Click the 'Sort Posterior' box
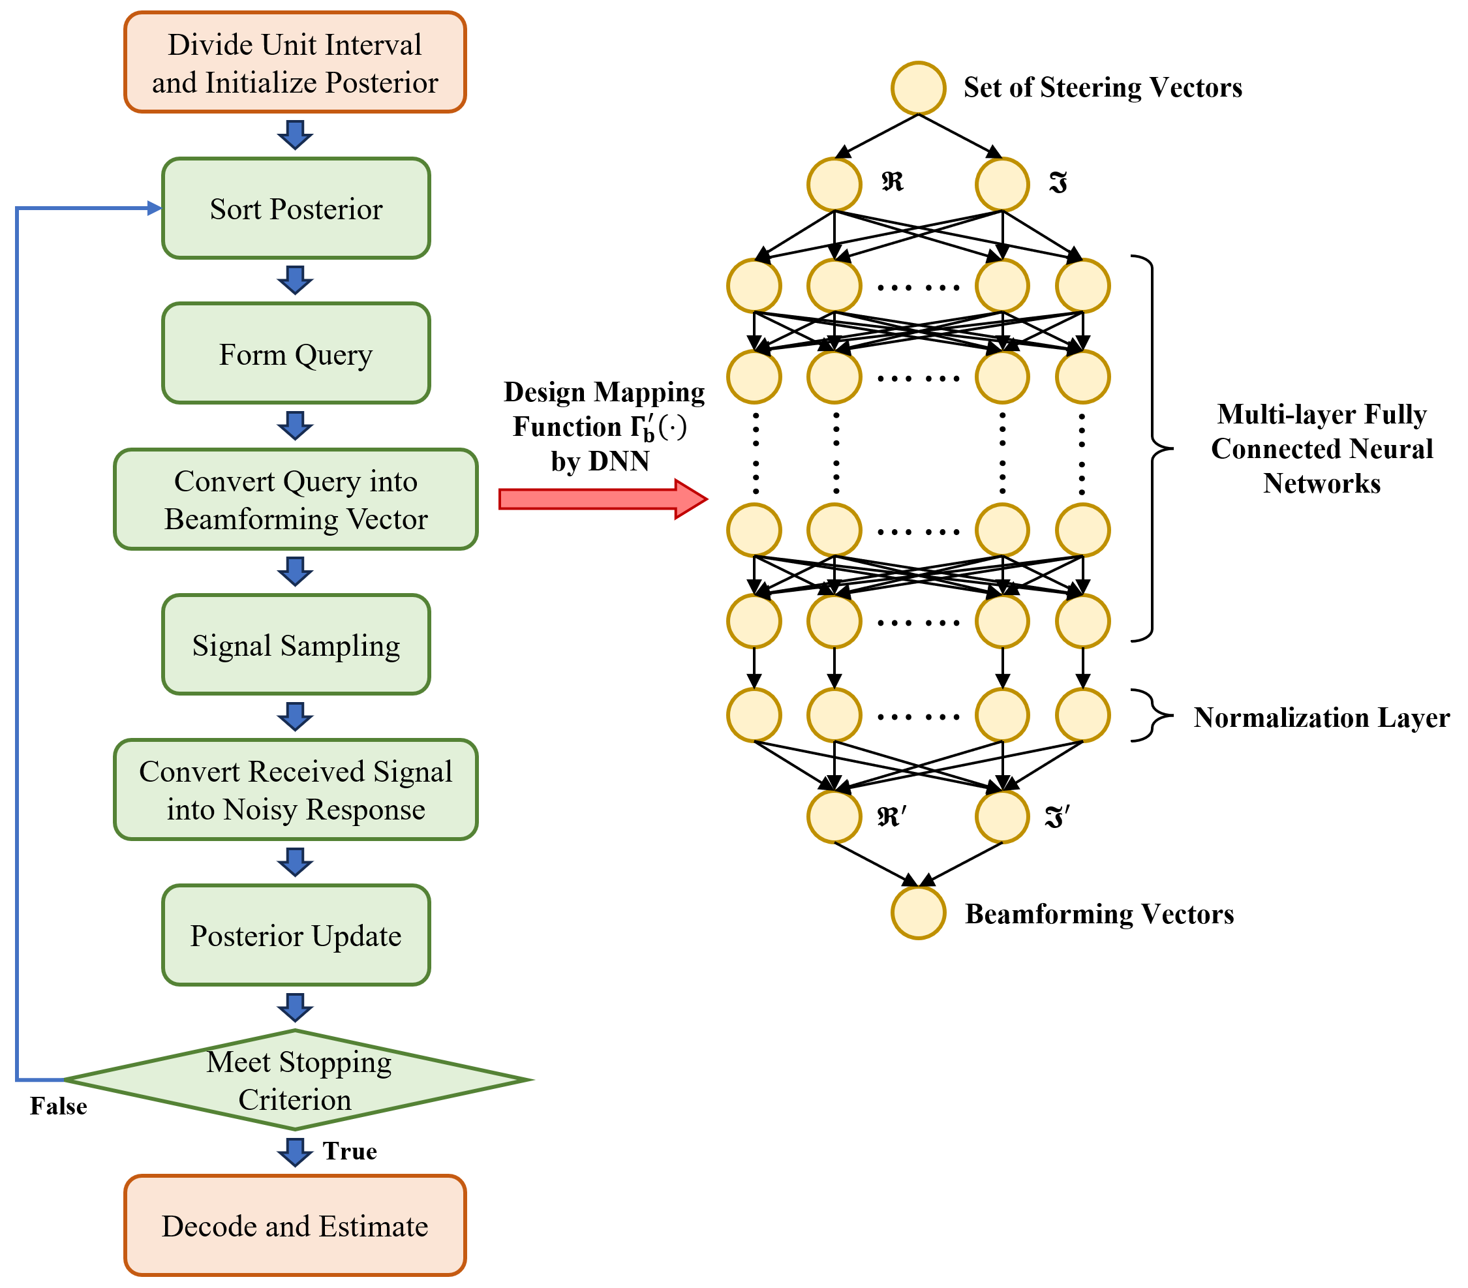click(296, 208)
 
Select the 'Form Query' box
click(296, 354)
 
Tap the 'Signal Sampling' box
click(296, 645)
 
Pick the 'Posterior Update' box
click(296, 935)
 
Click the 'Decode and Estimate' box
click(295, 1225)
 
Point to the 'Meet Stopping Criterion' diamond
click(298, 1080)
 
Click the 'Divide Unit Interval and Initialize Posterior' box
click(295, 62)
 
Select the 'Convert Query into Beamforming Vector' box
click(296, 499)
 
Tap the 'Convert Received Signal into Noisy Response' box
click(296, 790)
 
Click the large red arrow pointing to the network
click(604, 498)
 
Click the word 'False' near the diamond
click(58, 1106)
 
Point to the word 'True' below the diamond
click(350, 1152)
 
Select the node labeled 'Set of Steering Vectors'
click(918, 88)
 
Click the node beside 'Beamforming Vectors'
click(918, 913)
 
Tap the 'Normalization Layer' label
click(1321, 718)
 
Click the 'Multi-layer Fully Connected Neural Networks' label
click(1321, 449)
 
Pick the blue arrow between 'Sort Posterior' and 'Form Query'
click(295, 280)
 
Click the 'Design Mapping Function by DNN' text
click(604, 427)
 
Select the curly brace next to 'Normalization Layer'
click(1153, 716)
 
